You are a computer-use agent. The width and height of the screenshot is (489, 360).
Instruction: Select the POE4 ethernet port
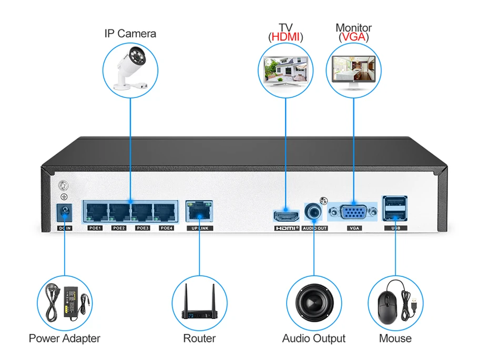click(x=165, y=212)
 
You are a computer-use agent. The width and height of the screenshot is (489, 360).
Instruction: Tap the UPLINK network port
click(x=199, y=211)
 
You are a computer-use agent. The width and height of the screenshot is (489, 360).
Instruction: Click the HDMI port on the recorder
click(x=286, y=216)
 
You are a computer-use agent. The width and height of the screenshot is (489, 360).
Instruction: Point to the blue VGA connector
click(x=353, y=213)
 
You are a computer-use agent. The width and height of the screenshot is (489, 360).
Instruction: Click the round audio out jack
click(x=313, y=212)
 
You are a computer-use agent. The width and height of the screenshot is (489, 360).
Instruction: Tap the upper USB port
click(x=395, y=203)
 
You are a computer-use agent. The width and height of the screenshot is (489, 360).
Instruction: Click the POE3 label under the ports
click(x=142, y=228)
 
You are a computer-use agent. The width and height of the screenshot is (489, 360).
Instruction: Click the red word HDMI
click(x=286, y=37)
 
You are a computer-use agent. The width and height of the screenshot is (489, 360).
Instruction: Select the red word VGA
click(x=354, y=37)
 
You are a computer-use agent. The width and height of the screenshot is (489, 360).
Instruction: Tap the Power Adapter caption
click(x=64, y=338)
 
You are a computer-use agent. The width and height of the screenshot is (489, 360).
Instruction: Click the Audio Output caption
click(x=314, y=338)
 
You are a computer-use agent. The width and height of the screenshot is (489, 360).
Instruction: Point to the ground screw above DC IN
click(x=64, y=186)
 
